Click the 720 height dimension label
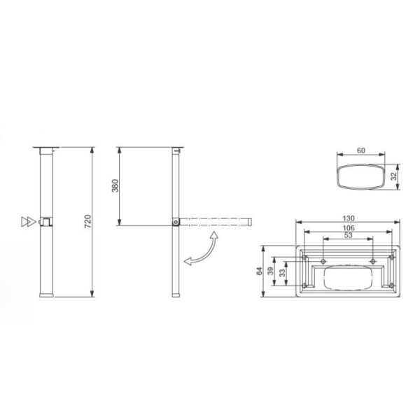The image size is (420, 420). pyautogui.click(x=88, y=221)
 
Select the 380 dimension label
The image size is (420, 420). pyautogui.click(x=115, y=185)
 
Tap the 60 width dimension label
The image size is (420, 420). pyautogui.click(x=360, y=150)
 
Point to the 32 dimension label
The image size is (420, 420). pyautogui.click(x=393, y=176)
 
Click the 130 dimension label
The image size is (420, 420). pyautogui.click(x=348, y=218)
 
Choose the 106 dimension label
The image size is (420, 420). pyautogui.click(x=349, y=228)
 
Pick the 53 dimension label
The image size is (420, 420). pyautogui.click(x=348, y=235)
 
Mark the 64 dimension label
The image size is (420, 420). pyautogui.click(x=259, y=271)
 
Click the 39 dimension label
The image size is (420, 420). pyautogui.click(x=271, y=271)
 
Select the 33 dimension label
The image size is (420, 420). pyautogui.click(x=282, y=273)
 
